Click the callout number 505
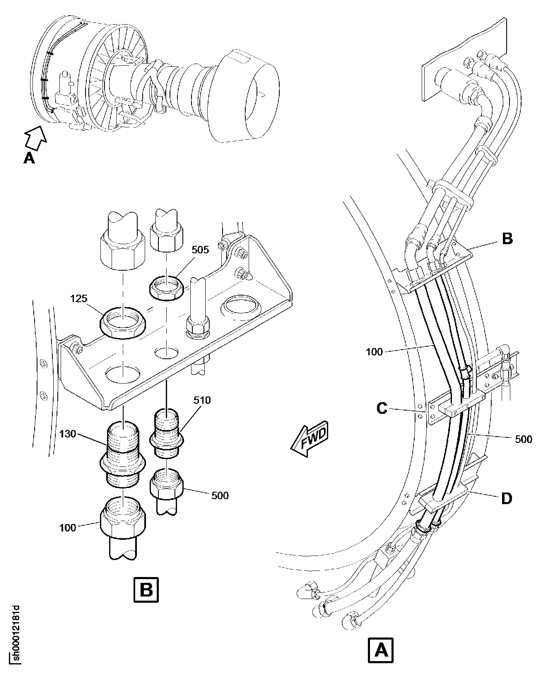(200, 250)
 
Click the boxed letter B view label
(146, 590)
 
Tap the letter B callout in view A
(507, 239)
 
